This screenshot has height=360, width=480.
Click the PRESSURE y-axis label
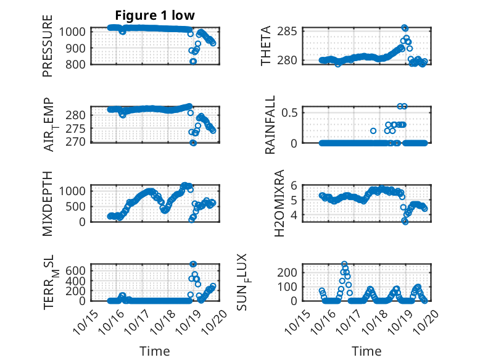(x=48, y=47)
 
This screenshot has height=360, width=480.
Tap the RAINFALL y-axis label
(x=270, y=125)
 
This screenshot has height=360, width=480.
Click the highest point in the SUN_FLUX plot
(x=344, y=264)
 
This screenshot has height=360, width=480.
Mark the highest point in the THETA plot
(x=405, y=28)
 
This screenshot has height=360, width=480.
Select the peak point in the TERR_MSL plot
(x=193, y=264)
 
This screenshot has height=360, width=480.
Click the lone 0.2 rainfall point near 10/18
(x=373, y=131)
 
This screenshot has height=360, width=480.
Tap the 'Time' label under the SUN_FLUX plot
(x=366, y=351)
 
